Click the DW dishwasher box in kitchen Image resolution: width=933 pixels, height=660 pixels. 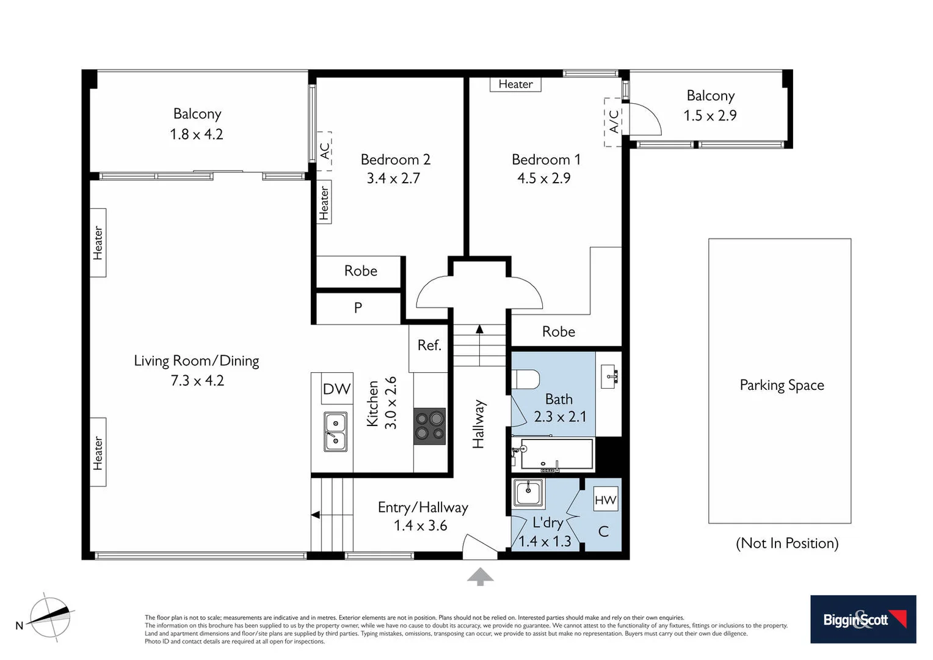point(337,389)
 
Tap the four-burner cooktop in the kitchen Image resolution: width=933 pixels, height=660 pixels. point(429,426)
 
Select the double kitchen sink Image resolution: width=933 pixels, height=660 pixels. point(335,431)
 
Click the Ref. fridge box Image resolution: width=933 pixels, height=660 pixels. point(429,346)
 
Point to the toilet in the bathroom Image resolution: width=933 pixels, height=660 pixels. point(526,380)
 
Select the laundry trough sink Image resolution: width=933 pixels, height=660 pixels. point(528,493)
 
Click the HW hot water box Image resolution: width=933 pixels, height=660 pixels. point(606,500)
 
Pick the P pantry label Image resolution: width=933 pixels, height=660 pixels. point(358,308)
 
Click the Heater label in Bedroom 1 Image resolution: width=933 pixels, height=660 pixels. point(515,84)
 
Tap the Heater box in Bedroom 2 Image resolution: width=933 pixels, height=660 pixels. point(324,202)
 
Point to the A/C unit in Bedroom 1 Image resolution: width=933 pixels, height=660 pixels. point(613,122)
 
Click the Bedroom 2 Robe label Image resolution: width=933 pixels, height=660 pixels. point(360,271)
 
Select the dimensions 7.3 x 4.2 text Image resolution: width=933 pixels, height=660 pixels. point(197,381)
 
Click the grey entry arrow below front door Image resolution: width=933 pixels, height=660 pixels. point(481,576)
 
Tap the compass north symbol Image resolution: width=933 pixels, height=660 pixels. point(51,617)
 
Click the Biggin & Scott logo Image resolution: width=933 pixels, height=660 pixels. point(863,619)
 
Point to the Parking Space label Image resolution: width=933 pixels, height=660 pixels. point(782,385)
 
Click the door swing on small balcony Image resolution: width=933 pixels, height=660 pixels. point(645,119)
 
